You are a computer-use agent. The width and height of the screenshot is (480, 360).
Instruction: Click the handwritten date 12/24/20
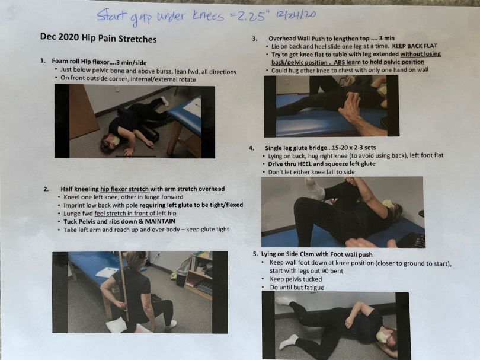click(x=295, y=15)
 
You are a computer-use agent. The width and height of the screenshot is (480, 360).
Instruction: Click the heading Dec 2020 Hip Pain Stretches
click(x=98, y=38)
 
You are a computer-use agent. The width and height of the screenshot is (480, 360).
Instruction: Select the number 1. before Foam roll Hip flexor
click(x=43, y=60)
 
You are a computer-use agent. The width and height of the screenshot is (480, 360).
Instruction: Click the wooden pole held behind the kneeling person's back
click(x=124, y=286)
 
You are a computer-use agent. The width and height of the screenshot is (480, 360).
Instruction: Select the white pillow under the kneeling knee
click(x=116, y=325)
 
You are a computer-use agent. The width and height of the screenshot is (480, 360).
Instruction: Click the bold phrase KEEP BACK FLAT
click(x=414, y=46)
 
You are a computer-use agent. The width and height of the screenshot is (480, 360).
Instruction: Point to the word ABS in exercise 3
click(x=339, y=62)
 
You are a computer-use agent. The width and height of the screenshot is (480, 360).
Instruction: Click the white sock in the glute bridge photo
click(x=315, y=189)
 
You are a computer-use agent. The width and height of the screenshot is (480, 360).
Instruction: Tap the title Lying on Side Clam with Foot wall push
click(x=316, y=254)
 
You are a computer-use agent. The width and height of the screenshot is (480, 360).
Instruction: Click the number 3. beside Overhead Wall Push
click(x=255, y=39)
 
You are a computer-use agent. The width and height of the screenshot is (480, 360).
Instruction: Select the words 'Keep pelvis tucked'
click(x=296, y=279)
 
